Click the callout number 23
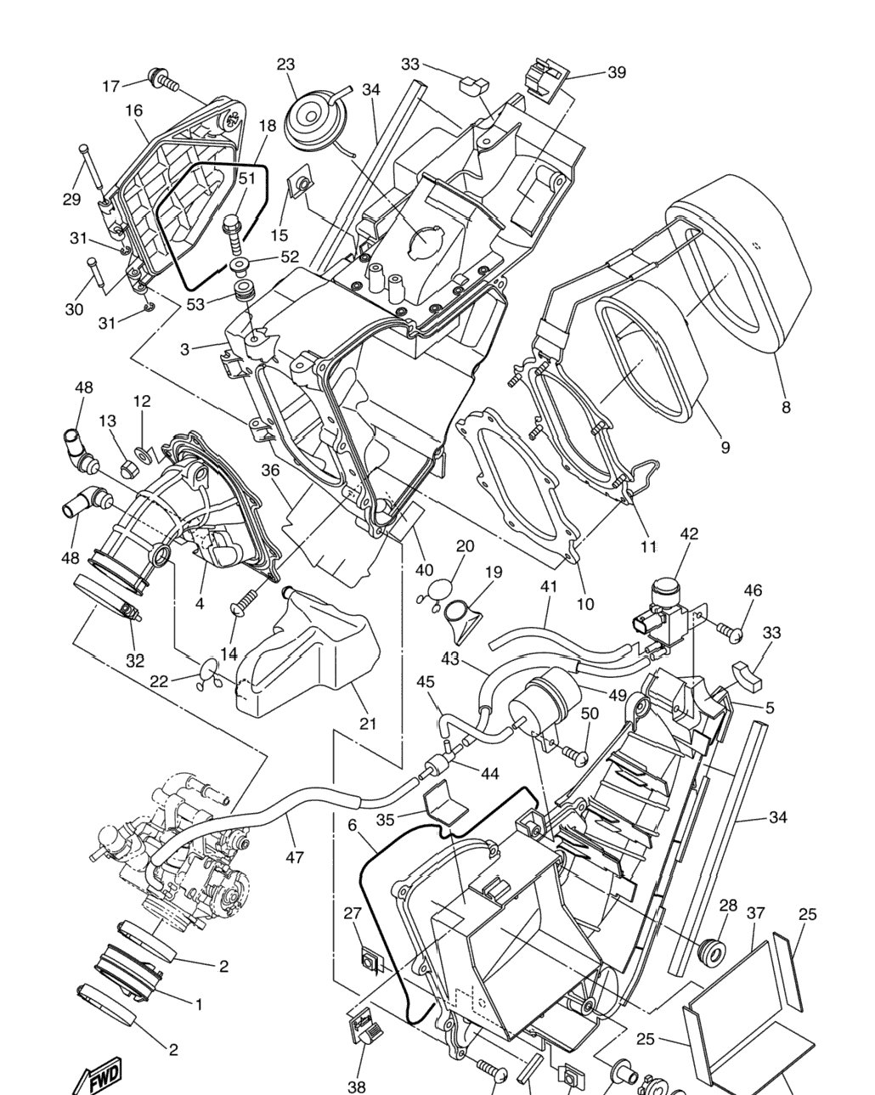[x=285, y=65]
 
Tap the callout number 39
[x=617, y=73]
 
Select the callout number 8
[x=786, y=407]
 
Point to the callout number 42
[x=689, y=533]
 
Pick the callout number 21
[x=367, y=723]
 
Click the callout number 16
[x=134, y=110]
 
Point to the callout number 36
[x=270, y=470]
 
